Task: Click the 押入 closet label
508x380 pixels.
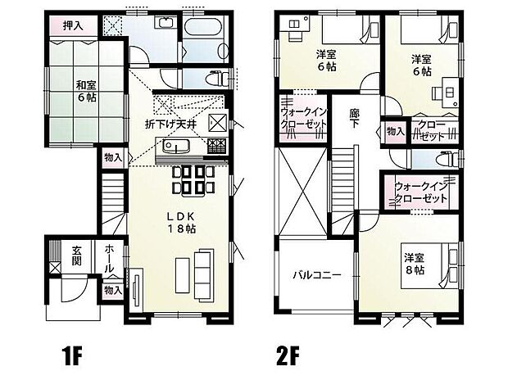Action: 75,25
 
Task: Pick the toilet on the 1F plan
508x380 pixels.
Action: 215,79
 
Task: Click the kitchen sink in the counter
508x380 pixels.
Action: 174,147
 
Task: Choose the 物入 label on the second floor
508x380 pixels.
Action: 395,130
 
